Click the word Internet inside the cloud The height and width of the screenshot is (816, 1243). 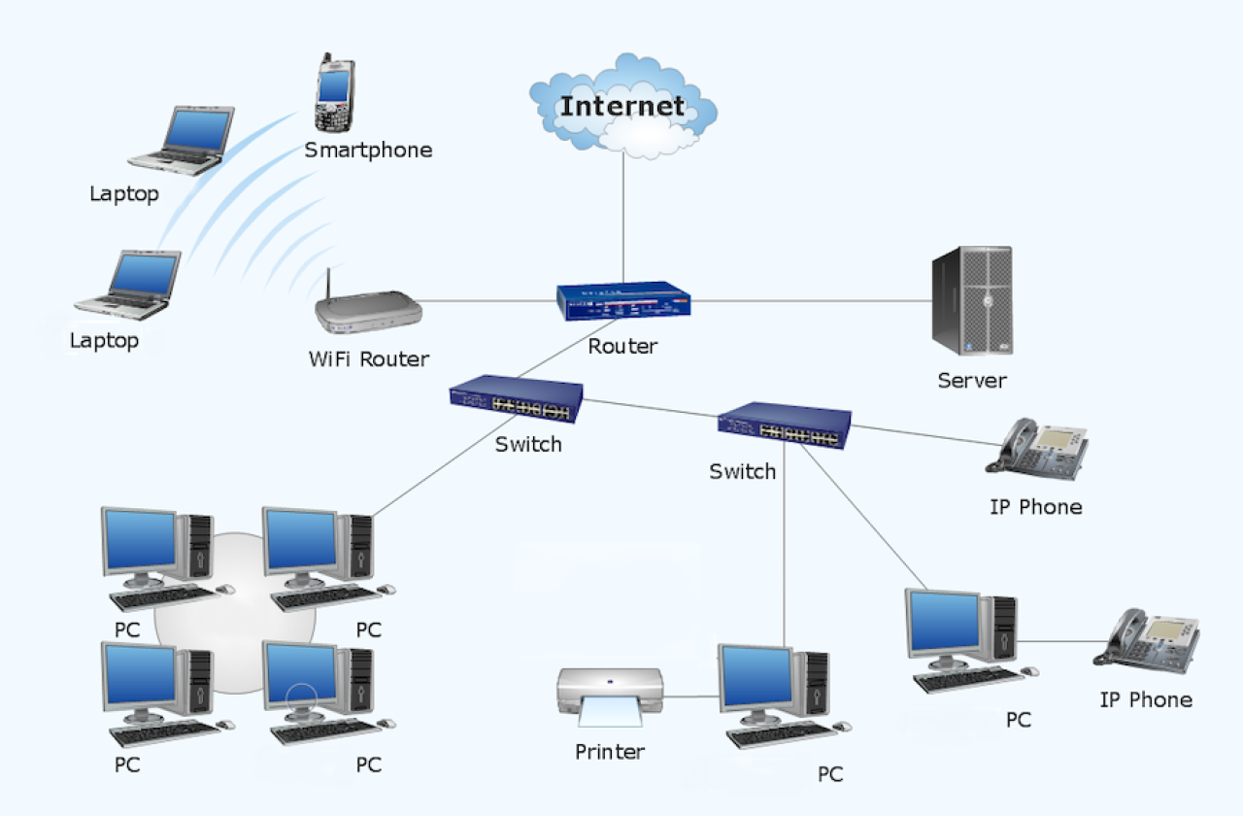622,105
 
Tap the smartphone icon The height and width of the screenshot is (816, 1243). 333,95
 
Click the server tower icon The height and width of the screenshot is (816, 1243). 972,300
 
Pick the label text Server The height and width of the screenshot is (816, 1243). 972,381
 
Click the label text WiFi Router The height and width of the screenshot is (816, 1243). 369,358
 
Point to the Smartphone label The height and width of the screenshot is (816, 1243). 368,151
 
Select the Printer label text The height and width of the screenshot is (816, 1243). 610,751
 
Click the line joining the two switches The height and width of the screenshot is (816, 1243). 651,409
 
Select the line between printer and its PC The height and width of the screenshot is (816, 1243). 691,697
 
